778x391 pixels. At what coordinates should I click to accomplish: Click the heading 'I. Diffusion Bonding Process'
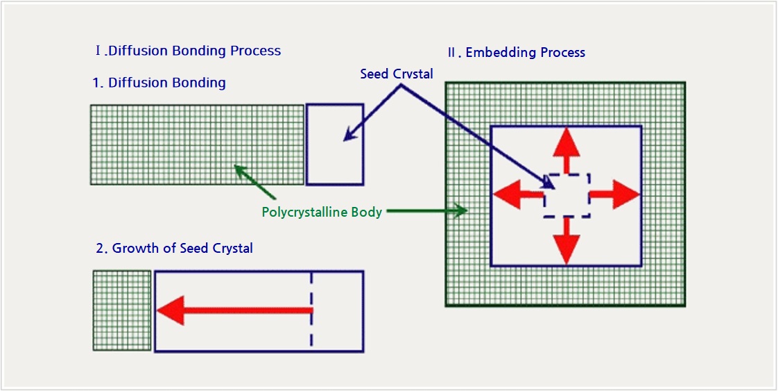tap(188, 51)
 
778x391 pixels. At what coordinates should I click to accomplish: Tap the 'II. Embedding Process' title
tap(517, 53)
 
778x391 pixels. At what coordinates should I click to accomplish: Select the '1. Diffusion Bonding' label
tap(159, 83)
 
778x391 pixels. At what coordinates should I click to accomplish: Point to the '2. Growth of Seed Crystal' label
tap(173, 248)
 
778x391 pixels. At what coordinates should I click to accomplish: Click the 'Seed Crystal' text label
tap(397, 74)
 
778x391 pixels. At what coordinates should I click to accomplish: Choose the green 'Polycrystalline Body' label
tap(322, 212)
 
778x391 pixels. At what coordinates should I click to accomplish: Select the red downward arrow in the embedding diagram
tap(567, 240)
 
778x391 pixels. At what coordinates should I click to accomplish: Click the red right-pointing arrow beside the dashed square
tap(614, 194)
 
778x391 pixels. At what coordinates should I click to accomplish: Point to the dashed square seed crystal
tap(567, 195)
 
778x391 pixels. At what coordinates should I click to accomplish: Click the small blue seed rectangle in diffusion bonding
tap(335, 144)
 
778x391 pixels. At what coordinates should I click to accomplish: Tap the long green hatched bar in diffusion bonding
tap(197, 144)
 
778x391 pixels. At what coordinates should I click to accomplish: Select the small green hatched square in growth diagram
tap(122, 310)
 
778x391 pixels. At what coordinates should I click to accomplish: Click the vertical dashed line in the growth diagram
tap(311, 310)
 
